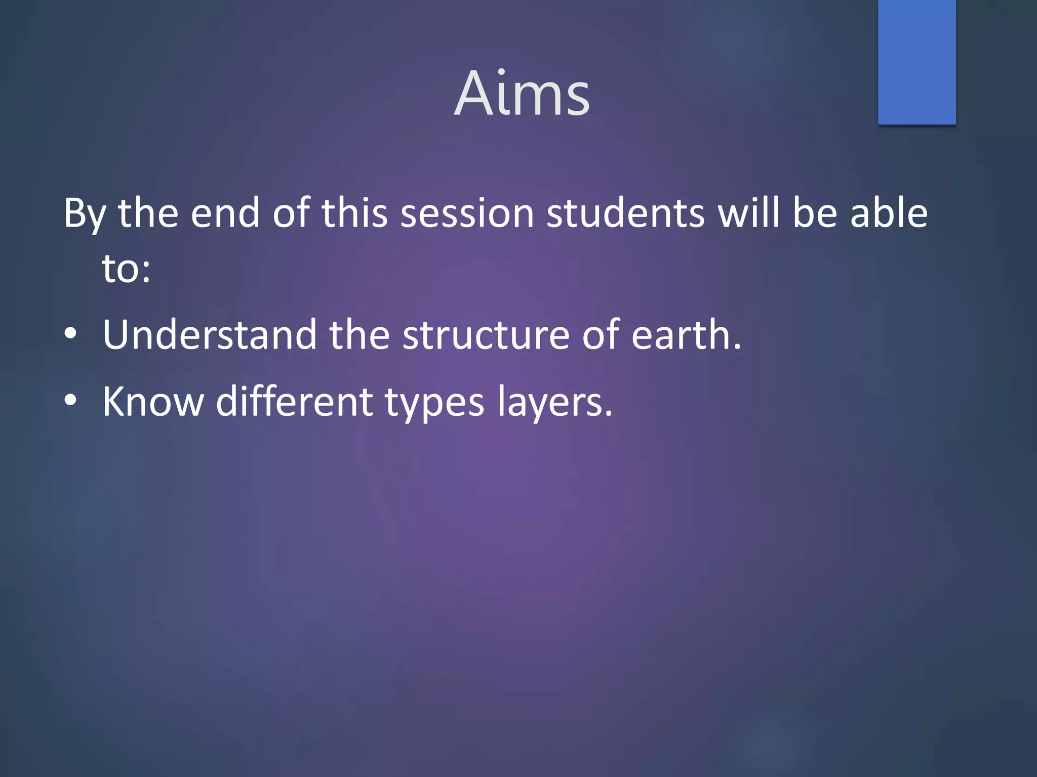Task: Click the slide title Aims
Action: click(522, 94)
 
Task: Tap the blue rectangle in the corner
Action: click(916, 62)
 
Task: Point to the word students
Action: click(626, 213)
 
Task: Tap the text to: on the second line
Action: click(126, 269)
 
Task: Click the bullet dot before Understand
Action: click(70, 334)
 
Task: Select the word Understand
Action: click(209, 335)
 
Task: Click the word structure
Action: click(486, 335)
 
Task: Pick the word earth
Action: click(686, 335)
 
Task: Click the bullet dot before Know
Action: click(70, 401)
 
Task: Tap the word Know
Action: click(152, 402)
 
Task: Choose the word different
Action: click(294, 402)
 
